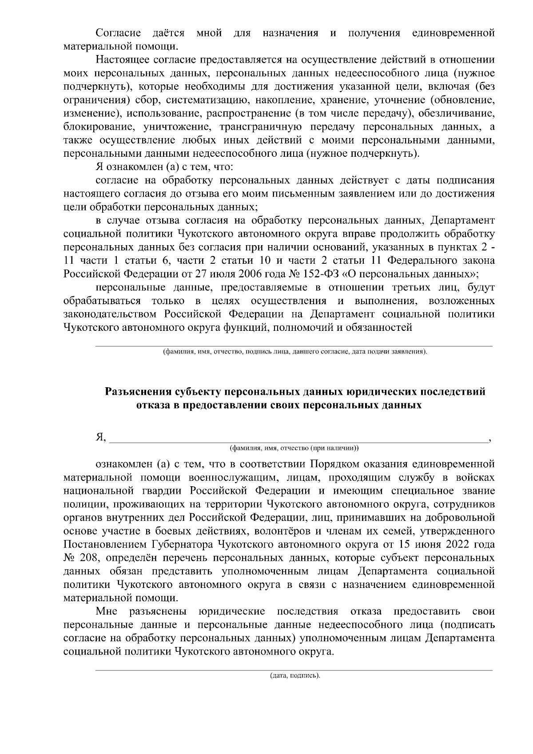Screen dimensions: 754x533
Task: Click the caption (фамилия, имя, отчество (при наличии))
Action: click(294, 448)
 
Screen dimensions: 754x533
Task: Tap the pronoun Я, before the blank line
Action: click(101, 438)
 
